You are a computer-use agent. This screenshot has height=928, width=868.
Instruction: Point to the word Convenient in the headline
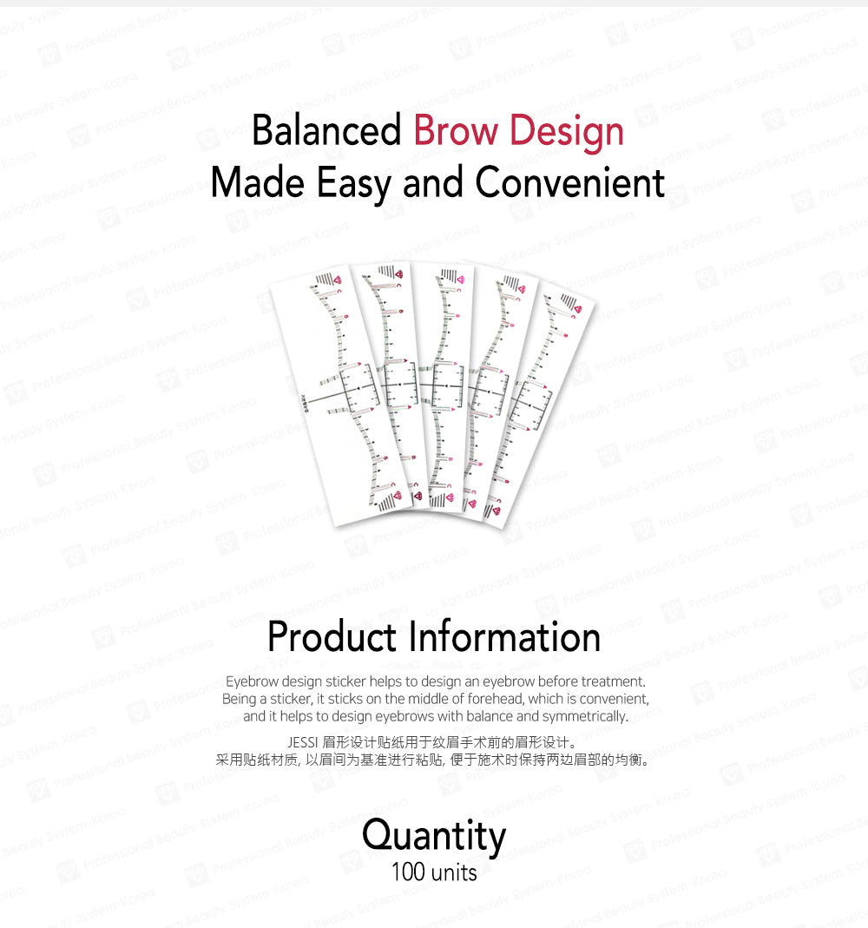tap(570, 182)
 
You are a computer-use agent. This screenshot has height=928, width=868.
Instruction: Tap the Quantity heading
tap(434, 836)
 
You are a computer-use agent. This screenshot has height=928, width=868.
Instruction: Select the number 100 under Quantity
tap(407, 871)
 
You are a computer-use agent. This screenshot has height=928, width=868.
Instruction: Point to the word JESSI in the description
tap(302, 742)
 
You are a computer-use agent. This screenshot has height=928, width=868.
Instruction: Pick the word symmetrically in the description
tap(584, 716)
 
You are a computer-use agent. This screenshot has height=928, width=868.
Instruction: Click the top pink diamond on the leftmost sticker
tap(338, 280)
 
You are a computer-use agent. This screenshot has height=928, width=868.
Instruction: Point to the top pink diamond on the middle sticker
tap(460, 280)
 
